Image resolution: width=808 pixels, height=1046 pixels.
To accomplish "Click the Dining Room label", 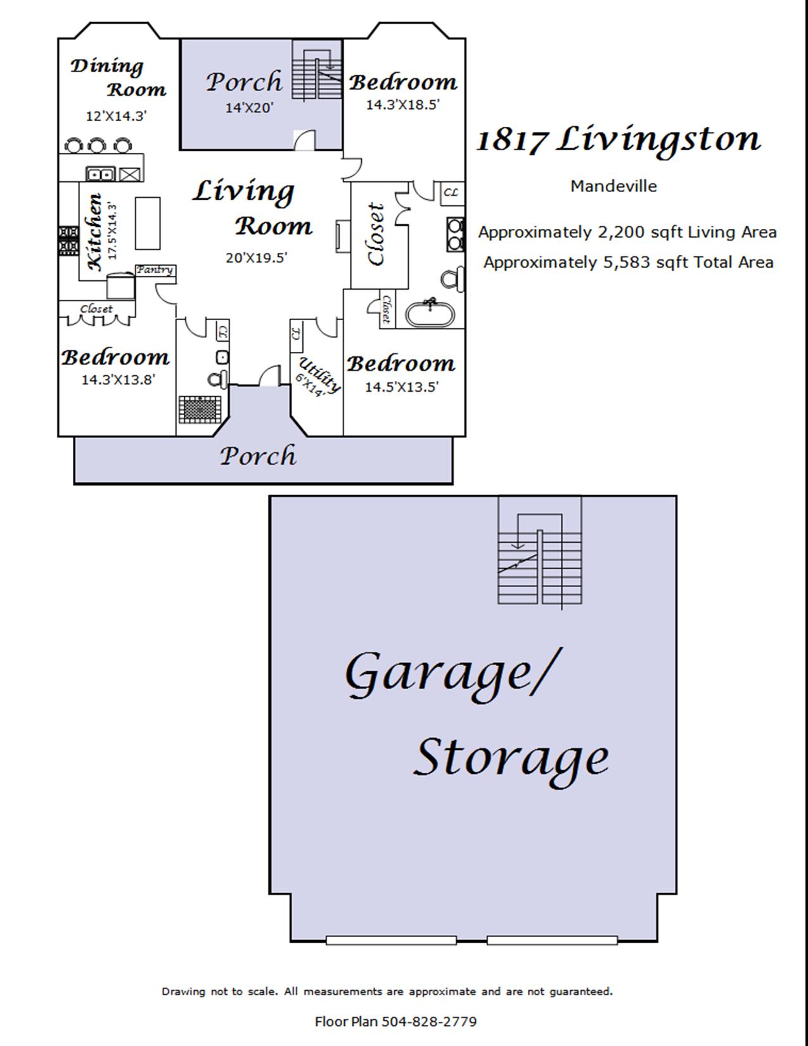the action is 119,77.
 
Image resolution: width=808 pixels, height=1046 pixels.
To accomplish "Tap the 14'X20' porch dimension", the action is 249,108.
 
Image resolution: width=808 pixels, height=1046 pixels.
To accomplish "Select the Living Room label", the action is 253,208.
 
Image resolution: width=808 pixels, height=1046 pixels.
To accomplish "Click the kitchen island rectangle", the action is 147,223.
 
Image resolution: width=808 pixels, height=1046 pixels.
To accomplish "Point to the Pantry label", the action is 155,270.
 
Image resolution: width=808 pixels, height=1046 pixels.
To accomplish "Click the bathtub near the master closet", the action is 430,313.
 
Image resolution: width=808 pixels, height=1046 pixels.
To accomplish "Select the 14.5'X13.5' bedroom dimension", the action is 402,387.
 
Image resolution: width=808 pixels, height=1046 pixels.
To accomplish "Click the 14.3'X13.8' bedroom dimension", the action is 118,380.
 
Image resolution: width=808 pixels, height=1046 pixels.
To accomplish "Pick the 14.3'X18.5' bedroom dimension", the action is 403,105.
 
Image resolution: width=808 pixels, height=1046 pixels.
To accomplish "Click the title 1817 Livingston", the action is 619,140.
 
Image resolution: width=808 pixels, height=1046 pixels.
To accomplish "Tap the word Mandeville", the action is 613,186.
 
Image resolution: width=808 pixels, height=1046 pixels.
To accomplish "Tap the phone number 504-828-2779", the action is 429,1021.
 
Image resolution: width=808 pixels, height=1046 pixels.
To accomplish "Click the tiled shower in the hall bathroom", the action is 200,410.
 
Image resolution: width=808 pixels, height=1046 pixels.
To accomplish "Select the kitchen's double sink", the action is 100,174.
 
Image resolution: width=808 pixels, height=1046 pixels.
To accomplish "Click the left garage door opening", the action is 391,940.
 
